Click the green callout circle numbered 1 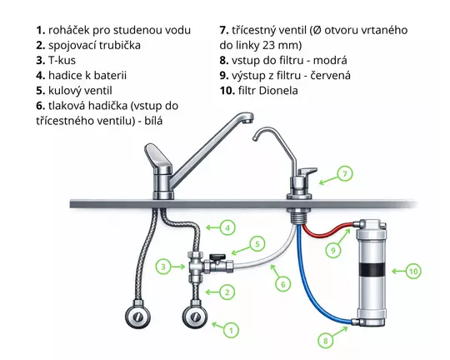click(227, 331)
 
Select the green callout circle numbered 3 click(165, 267)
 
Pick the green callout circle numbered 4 click(227, 226)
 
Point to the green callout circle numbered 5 click(257, 245)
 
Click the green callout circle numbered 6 click(283, 284)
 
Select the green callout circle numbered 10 click(414, 270)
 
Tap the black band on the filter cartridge click(372, 270)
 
